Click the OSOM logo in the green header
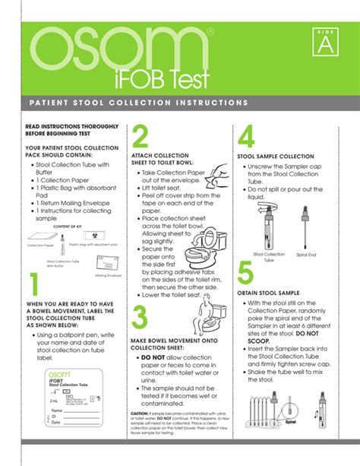coord(118,48)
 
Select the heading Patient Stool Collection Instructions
coord(138,102)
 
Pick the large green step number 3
coord(139,317)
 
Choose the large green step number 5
coord(245,274)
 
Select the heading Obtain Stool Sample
coord(270,293)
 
